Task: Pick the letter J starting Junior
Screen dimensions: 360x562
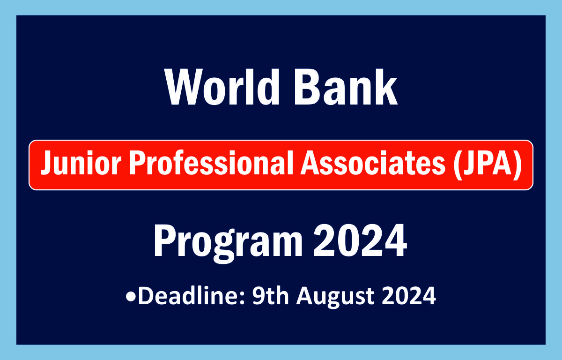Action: pos(44,165)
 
